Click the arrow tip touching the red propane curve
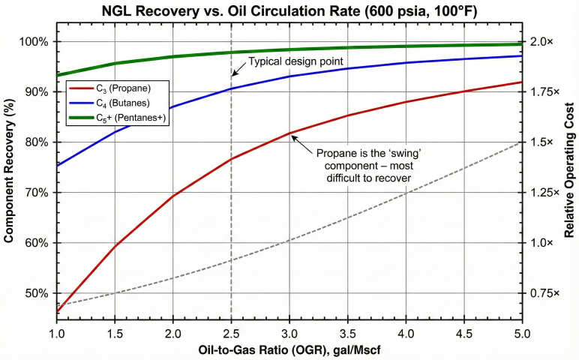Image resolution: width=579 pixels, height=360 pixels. click(x=292, y=136)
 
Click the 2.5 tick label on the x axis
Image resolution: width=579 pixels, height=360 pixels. click(x=231, y=331)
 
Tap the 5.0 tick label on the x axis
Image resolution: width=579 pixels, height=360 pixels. click(x=523, y=331)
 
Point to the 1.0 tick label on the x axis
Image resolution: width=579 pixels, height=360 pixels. click(x=56, y=331)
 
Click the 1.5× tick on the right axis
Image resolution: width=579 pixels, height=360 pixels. click(x=541, y=142)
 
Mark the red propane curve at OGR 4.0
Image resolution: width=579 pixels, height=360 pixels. click(x=406, y=102)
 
